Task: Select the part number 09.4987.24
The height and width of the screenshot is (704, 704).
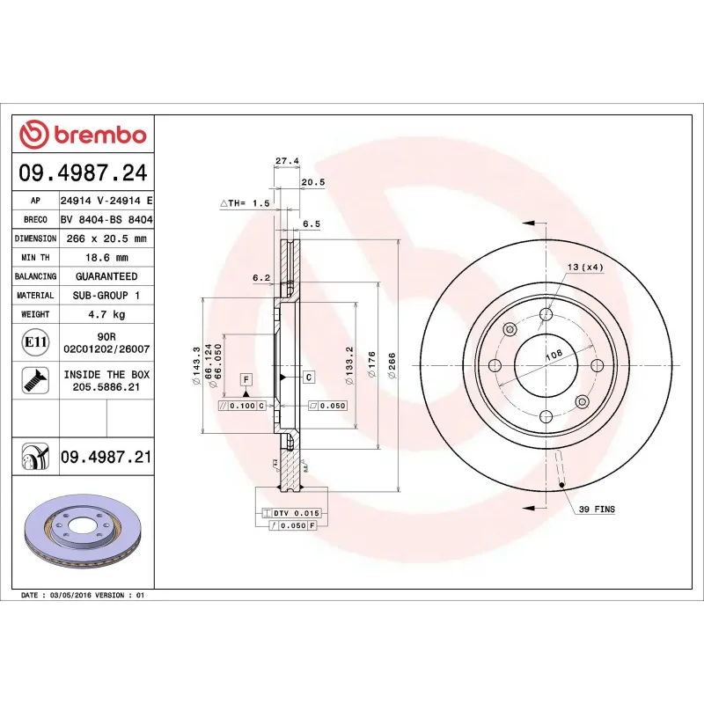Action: [x=83, y=172]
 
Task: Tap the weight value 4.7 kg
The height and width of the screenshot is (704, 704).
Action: [x=106, y=314]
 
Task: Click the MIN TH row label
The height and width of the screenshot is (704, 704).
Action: [x=35, y=258]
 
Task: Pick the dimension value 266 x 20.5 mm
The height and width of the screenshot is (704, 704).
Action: [x=106, y=238]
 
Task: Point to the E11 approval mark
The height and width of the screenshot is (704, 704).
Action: [x=36, y=341]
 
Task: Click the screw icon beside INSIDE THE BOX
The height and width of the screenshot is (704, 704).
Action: [x=36, y=380]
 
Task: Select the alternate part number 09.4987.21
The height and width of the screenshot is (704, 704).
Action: [x=106, y=457]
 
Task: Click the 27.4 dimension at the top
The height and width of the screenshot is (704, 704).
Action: [x=287, y=161]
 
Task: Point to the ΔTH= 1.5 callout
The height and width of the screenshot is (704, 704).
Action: [x=244, y=203]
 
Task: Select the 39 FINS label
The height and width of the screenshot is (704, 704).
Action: [x=597, y=510]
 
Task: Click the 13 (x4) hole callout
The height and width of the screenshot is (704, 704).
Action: [x=585, y=267]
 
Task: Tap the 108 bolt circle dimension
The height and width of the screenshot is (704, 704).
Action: [x=554, y=355]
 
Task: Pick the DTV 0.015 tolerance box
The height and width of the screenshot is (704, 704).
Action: [x=290, y=512]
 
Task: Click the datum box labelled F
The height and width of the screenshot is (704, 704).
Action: [x=246, y=379]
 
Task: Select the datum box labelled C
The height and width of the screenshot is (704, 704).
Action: [x=310, y=378]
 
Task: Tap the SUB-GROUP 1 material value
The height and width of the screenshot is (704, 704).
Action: [x=106, y=296]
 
